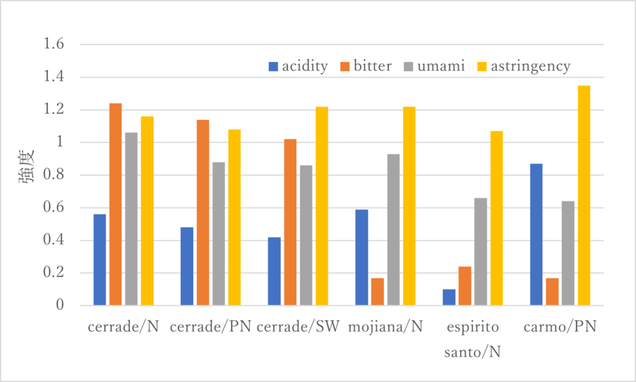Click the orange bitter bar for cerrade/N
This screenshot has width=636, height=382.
[x=116, y=204]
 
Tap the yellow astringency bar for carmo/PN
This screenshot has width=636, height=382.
[x=583, y=196]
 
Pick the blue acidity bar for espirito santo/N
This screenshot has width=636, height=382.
[x=449, y=298]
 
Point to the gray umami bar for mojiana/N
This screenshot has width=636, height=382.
[x=393, y=230]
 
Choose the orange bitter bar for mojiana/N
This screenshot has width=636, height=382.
[x=378, y=292]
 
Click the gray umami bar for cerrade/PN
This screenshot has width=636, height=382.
[x=219, y=234]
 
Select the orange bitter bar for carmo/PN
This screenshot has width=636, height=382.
[x=552, y=292]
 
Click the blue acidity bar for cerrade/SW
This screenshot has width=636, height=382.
[x=275, y=271]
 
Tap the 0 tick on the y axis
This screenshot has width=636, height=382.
[x=60, y=306]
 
